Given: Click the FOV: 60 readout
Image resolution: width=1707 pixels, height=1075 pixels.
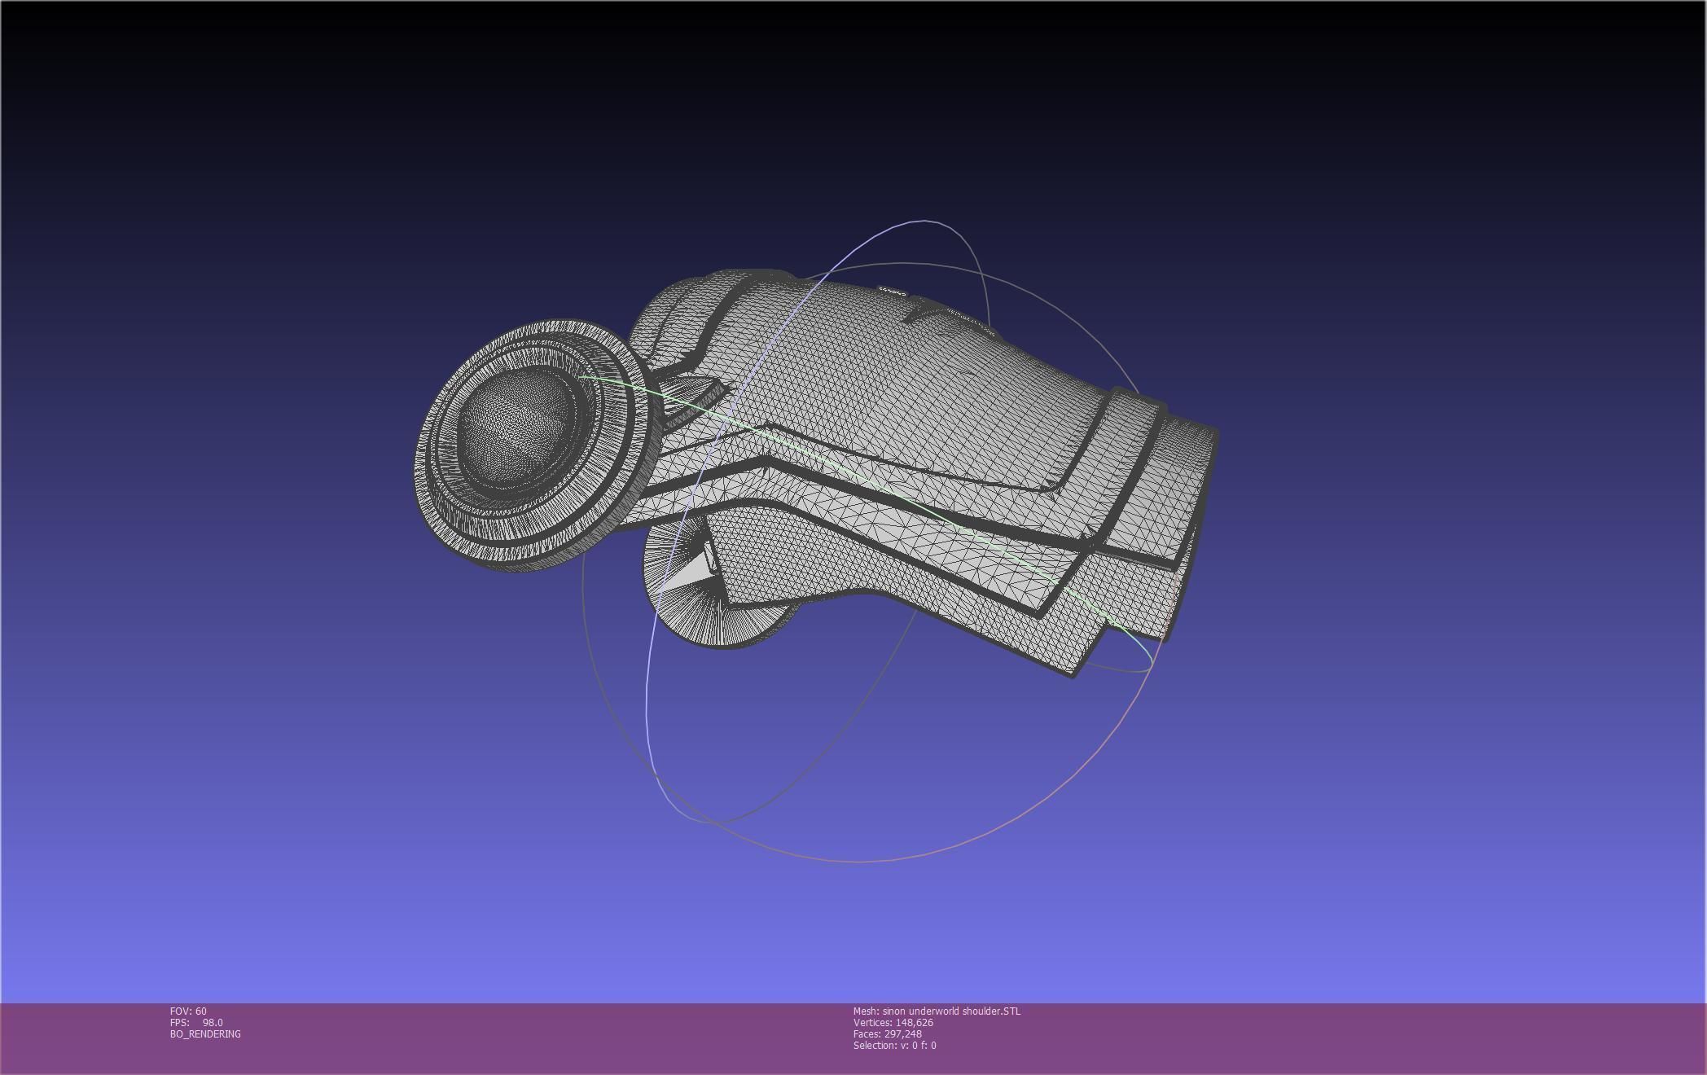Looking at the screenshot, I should pos(188,1011).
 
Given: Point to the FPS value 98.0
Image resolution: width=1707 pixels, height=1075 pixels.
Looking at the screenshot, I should pos(212,1022).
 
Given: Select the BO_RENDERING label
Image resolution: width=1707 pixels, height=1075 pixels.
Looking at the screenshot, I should pos(205,1033).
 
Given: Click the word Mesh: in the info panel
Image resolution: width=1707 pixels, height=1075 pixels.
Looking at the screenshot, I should pos(866,1011).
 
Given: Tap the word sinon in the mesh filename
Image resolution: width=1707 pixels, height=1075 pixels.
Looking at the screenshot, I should pos(894,1011).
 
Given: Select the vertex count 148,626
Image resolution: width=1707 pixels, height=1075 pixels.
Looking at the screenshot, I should pos(914,1022).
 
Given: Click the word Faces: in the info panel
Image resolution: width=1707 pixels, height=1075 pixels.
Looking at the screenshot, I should pos(867,1033).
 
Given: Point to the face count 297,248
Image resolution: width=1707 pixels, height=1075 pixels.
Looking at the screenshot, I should pos(903,1033).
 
